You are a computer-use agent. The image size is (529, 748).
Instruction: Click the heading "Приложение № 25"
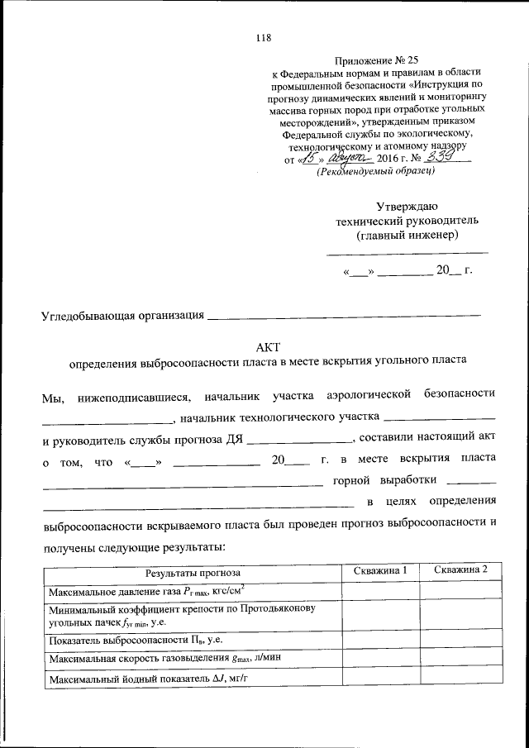click(x=369, y=61)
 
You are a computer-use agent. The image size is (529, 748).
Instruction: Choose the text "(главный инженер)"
click(x=407, y=235)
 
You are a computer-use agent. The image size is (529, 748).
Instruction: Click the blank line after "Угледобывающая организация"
click(x=343, y=315)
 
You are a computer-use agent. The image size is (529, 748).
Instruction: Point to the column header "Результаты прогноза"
click(x=193, y=571)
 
